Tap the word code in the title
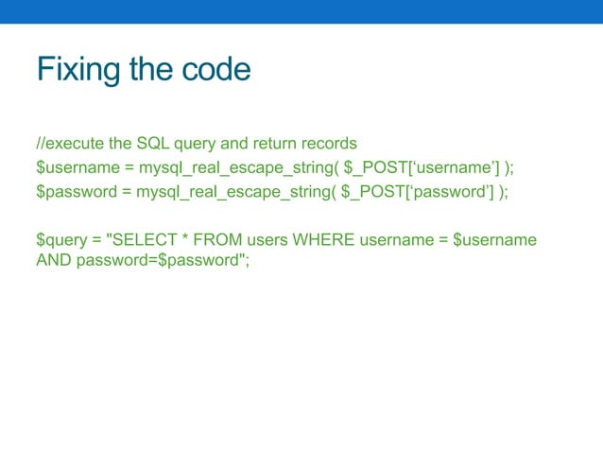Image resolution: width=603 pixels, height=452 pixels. pos(216,69)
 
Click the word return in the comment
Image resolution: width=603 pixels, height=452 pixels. pos(258,144)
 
